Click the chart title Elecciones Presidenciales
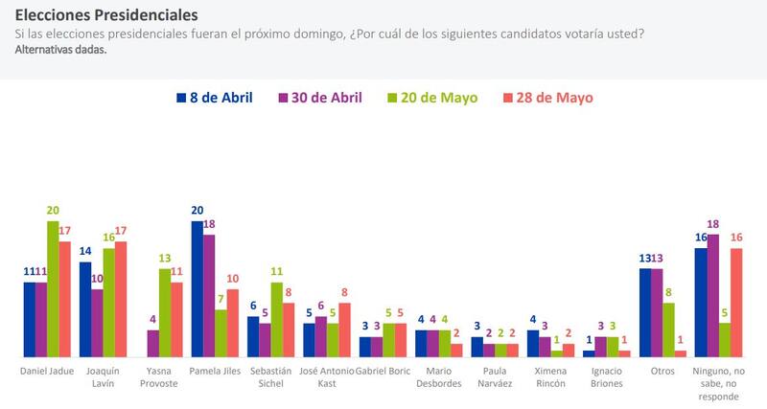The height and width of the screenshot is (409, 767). point(107,15)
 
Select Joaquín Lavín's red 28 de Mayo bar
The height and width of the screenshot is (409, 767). point(120,299)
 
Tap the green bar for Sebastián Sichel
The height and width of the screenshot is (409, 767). point(276,320)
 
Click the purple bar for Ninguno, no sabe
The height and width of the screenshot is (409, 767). point(712,295)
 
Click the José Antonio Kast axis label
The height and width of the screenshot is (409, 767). point(327,375)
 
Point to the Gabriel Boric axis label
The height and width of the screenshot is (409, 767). point(383,370)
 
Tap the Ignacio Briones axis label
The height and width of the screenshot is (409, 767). point(605,375)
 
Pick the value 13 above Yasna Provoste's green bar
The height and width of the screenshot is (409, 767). point(164,259)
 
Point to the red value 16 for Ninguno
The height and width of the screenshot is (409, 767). point(737,238)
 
